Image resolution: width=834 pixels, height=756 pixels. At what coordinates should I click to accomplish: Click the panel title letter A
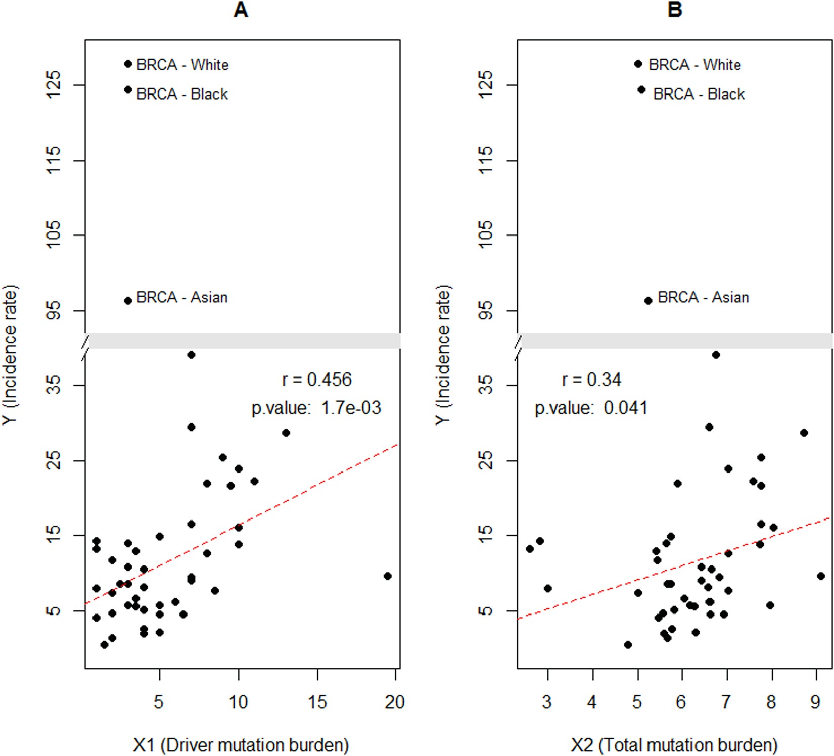tap(241, 10)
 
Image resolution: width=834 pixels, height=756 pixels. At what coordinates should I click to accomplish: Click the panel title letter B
tap(675, 10)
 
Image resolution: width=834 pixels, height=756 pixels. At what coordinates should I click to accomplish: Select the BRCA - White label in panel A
tap(182, 65)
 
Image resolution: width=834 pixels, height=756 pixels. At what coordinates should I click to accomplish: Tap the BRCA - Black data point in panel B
tap(641, 90)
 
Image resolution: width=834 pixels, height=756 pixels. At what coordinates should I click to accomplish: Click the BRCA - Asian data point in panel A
tap(128, 301)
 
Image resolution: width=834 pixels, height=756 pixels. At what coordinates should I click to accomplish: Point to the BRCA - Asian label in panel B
tap(703, 297)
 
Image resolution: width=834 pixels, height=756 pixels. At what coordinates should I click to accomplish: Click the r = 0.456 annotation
tap(316, 380)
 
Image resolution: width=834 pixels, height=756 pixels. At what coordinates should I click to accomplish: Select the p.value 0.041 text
tap(591, 408)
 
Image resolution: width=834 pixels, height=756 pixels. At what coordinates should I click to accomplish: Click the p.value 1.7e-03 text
tap(316, 408)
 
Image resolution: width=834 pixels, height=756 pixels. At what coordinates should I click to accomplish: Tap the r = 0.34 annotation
tap(591, 380)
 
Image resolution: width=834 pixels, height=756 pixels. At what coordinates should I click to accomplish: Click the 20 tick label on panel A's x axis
tap(394, 702)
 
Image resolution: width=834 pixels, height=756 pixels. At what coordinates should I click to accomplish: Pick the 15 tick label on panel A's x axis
tap(317, 702)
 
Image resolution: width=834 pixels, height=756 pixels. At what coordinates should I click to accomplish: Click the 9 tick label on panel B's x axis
tap(815, 702)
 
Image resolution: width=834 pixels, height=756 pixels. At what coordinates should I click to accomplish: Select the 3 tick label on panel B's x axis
tap(547, 702)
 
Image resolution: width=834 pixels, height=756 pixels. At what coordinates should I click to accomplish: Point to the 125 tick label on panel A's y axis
tap(53, 84)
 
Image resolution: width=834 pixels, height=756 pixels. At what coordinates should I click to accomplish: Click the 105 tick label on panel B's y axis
tap(485, 234)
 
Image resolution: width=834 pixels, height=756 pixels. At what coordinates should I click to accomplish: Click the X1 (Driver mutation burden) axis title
tap(241, 745)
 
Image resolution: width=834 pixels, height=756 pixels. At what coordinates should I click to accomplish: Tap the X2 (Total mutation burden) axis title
tap(674, 745)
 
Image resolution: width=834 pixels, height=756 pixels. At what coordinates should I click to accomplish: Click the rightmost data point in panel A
tap(388, 576)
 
